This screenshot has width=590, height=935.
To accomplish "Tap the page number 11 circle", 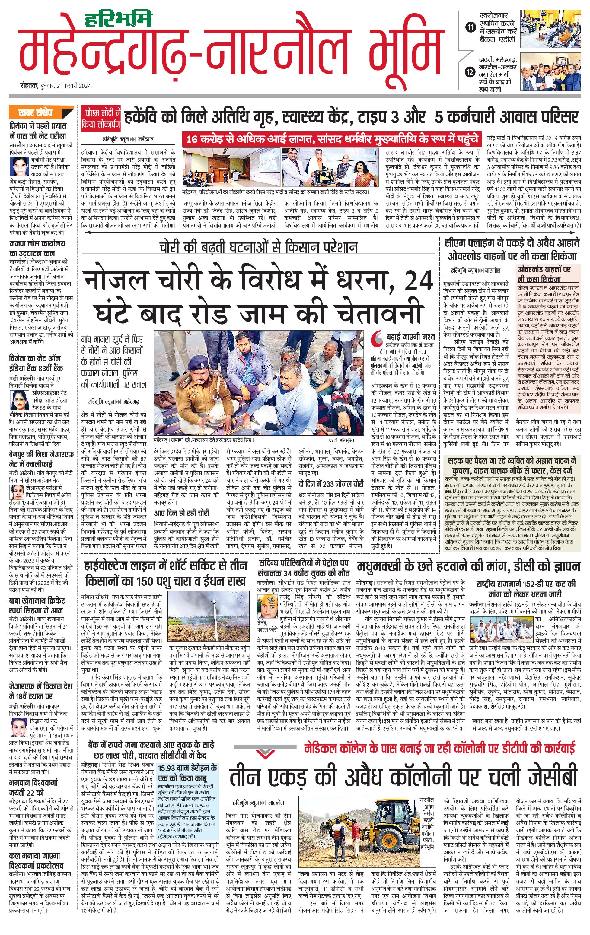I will (470, 27).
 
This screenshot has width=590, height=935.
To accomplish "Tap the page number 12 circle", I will (470, 72).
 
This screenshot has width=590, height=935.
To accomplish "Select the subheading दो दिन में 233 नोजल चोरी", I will (331, 484).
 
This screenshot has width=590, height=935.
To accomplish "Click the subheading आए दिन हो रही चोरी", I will (181, 513).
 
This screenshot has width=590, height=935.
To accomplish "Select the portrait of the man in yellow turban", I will (267, 607).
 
